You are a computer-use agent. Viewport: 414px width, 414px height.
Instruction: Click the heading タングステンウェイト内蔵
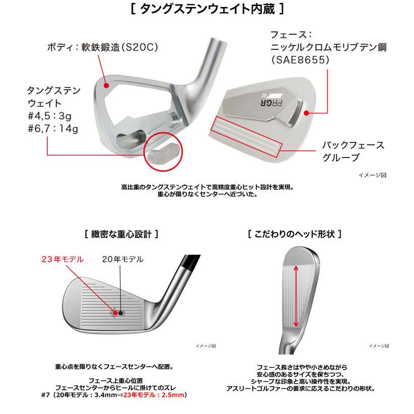207,9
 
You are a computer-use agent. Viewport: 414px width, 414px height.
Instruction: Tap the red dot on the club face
115,313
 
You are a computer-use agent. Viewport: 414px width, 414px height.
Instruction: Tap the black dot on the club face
121,313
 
